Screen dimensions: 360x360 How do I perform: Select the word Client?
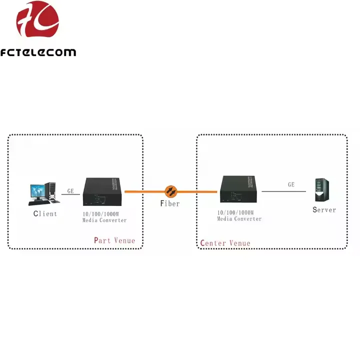45,214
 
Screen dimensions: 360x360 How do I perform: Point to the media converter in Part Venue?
103,192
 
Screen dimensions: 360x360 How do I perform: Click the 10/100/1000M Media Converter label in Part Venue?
105,217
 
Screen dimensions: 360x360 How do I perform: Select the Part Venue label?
114,240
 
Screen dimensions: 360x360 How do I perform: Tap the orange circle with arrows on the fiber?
170,190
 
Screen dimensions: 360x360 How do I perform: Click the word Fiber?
169,203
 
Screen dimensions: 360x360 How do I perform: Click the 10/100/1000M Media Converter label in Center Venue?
239,216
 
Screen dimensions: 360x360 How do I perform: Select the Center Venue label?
225,243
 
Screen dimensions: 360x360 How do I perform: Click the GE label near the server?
291,184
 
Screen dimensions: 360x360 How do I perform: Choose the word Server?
324,209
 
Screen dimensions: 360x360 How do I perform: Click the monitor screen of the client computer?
37,191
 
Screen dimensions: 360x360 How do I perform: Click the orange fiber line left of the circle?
145,191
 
